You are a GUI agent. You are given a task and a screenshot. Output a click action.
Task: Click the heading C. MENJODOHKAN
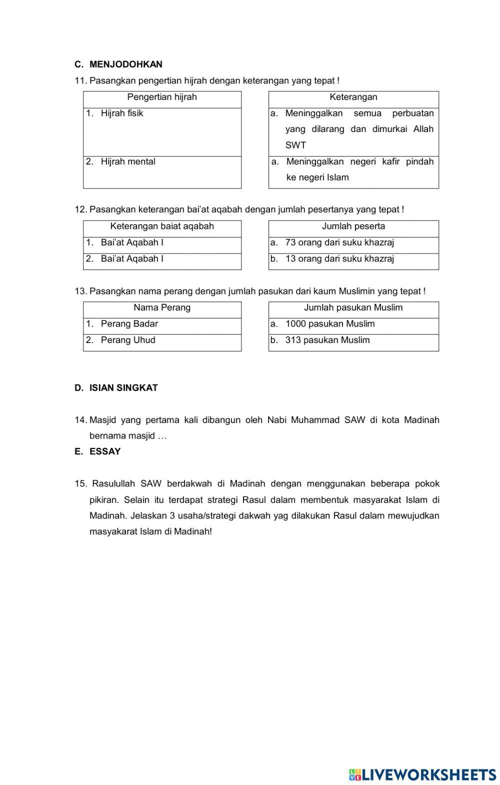click(118, 64)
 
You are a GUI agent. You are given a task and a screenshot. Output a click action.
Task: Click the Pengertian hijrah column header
click(162, 97)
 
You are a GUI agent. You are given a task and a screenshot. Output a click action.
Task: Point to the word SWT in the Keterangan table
click(295, 145)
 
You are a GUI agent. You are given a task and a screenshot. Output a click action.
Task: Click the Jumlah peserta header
click(353, 226)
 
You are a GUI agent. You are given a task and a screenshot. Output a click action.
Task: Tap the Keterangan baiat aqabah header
click(162, 226)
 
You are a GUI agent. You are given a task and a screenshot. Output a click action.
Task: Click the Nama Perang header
click(162, 307)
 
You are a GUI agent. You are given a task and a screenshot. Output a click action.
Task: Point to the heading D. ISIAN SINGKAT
click(116, 388)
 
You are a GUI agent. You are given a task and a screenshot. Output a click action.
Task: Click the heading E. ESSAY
click(98, 451)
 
